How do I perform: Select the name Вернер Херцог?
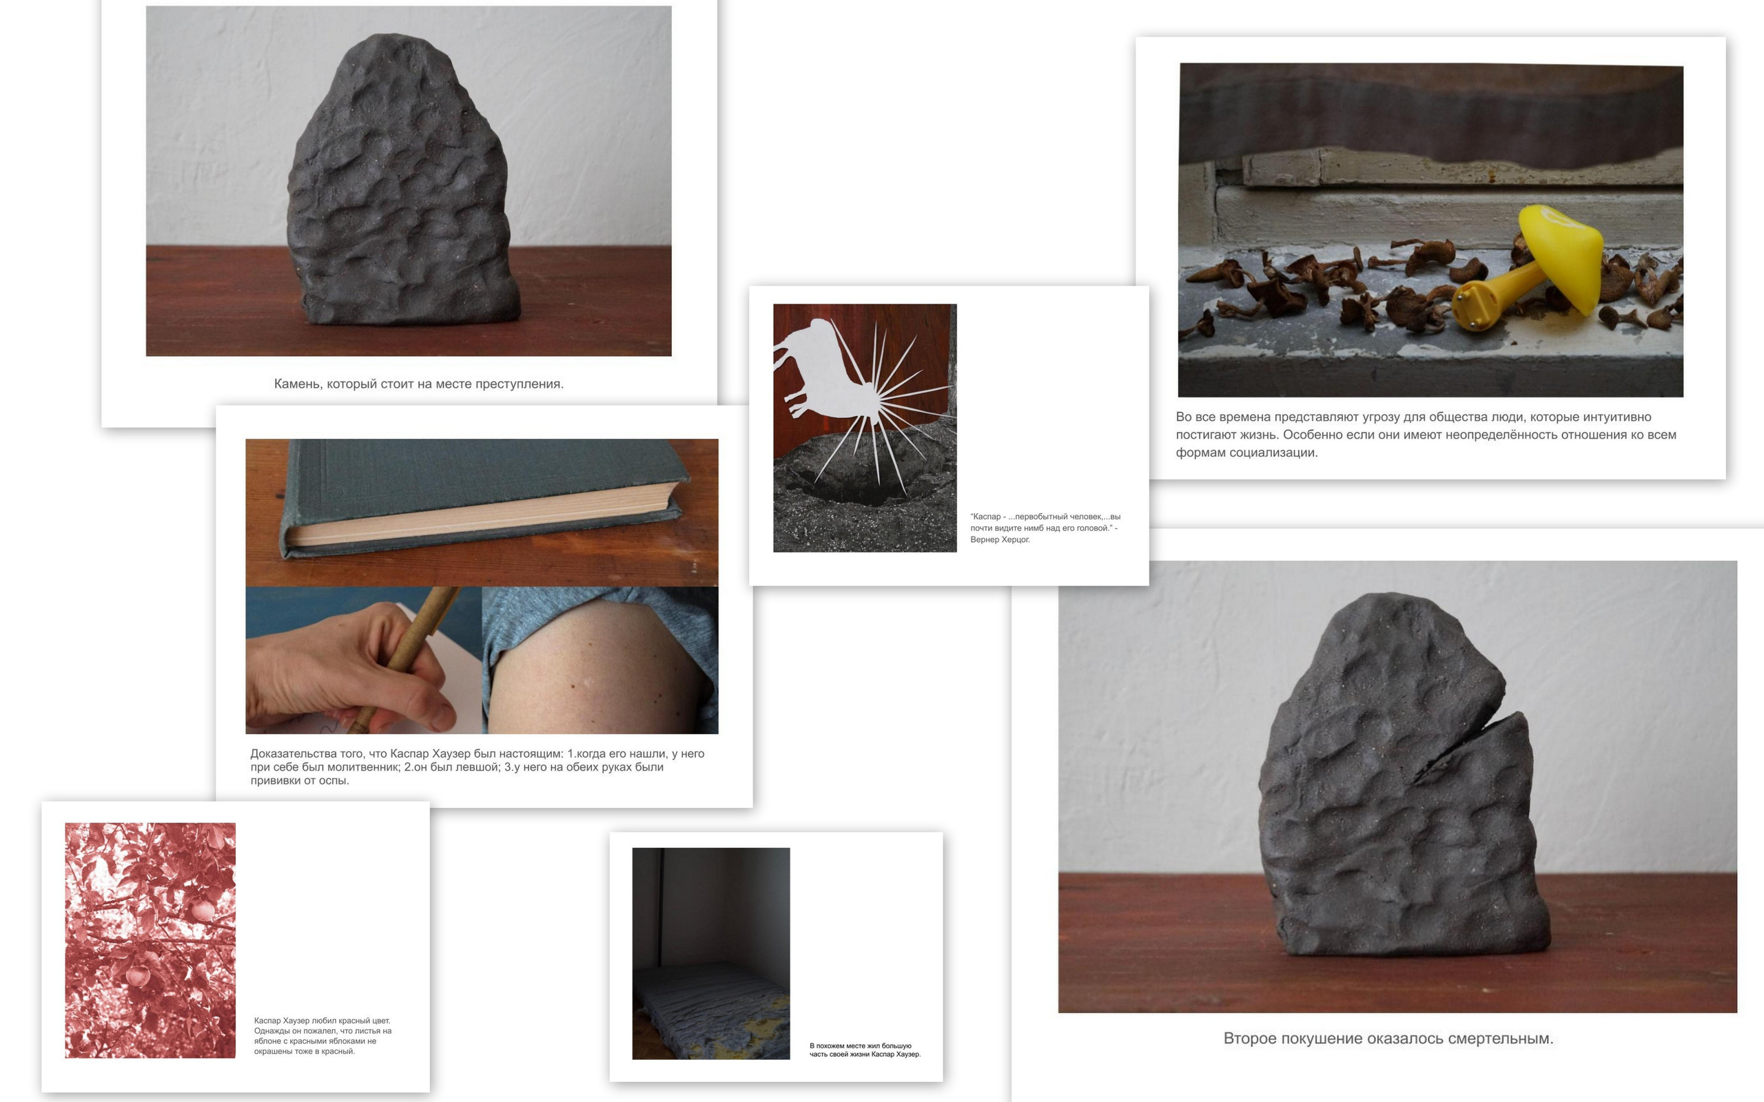[x=1000, y=539]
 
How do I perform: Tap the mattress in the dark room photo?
[x=710, y=1010]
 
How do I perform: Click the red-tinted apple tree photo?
[x=150, y=940]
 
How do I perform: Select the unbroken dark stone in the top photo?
[x=403, y=180]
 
